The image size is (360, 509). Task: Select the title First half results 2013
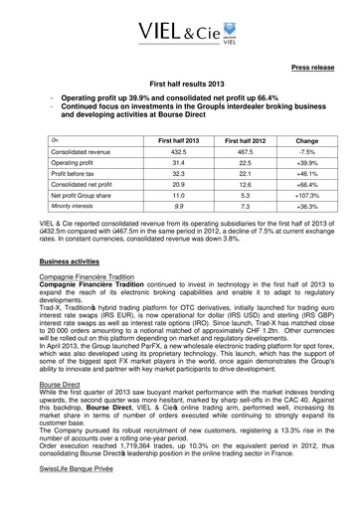coord(180,88)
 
